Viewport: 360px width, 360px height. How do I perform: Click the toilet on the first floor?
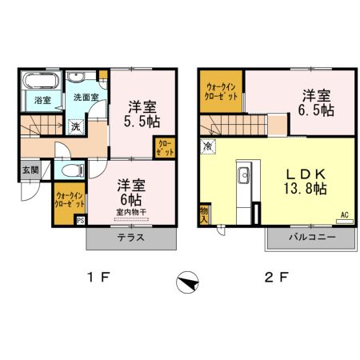pos(71,170)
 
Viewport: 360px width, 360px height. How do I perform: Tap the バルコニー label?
pos(309,238)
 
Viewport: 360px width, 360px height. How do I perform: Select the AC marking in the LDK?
pos(344,214)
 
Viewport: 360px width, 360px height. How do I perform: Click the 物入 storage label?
pos(203,214)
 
